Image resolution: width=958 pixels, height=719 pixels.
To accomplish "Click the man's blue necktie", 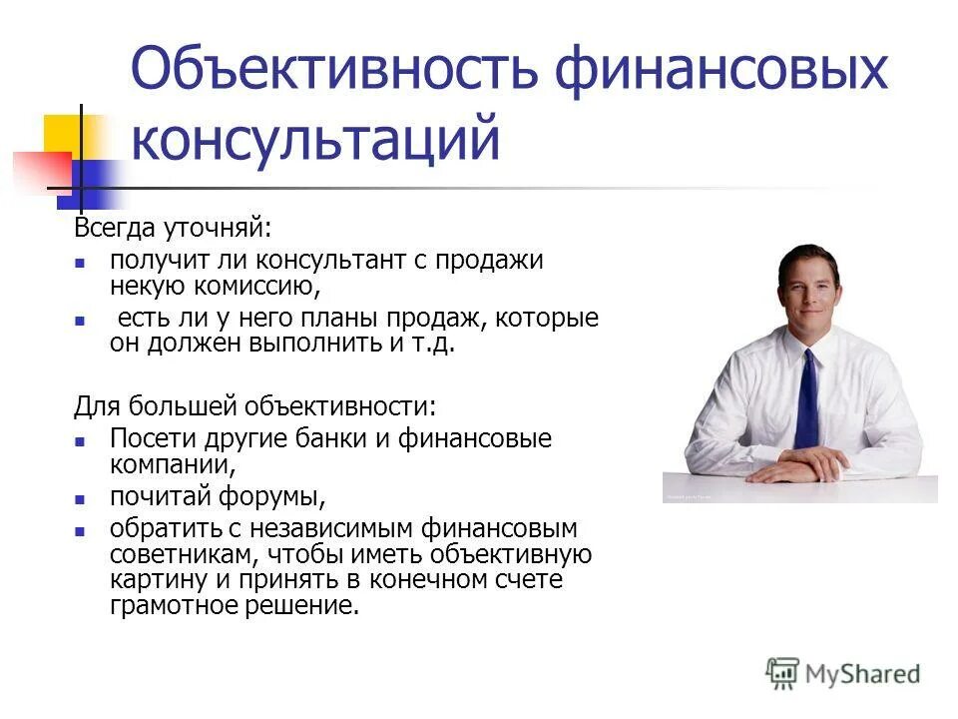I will pos(806,400).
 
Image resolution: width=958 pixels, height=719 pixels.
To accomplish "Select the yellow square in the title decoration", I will pos(62,134).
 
